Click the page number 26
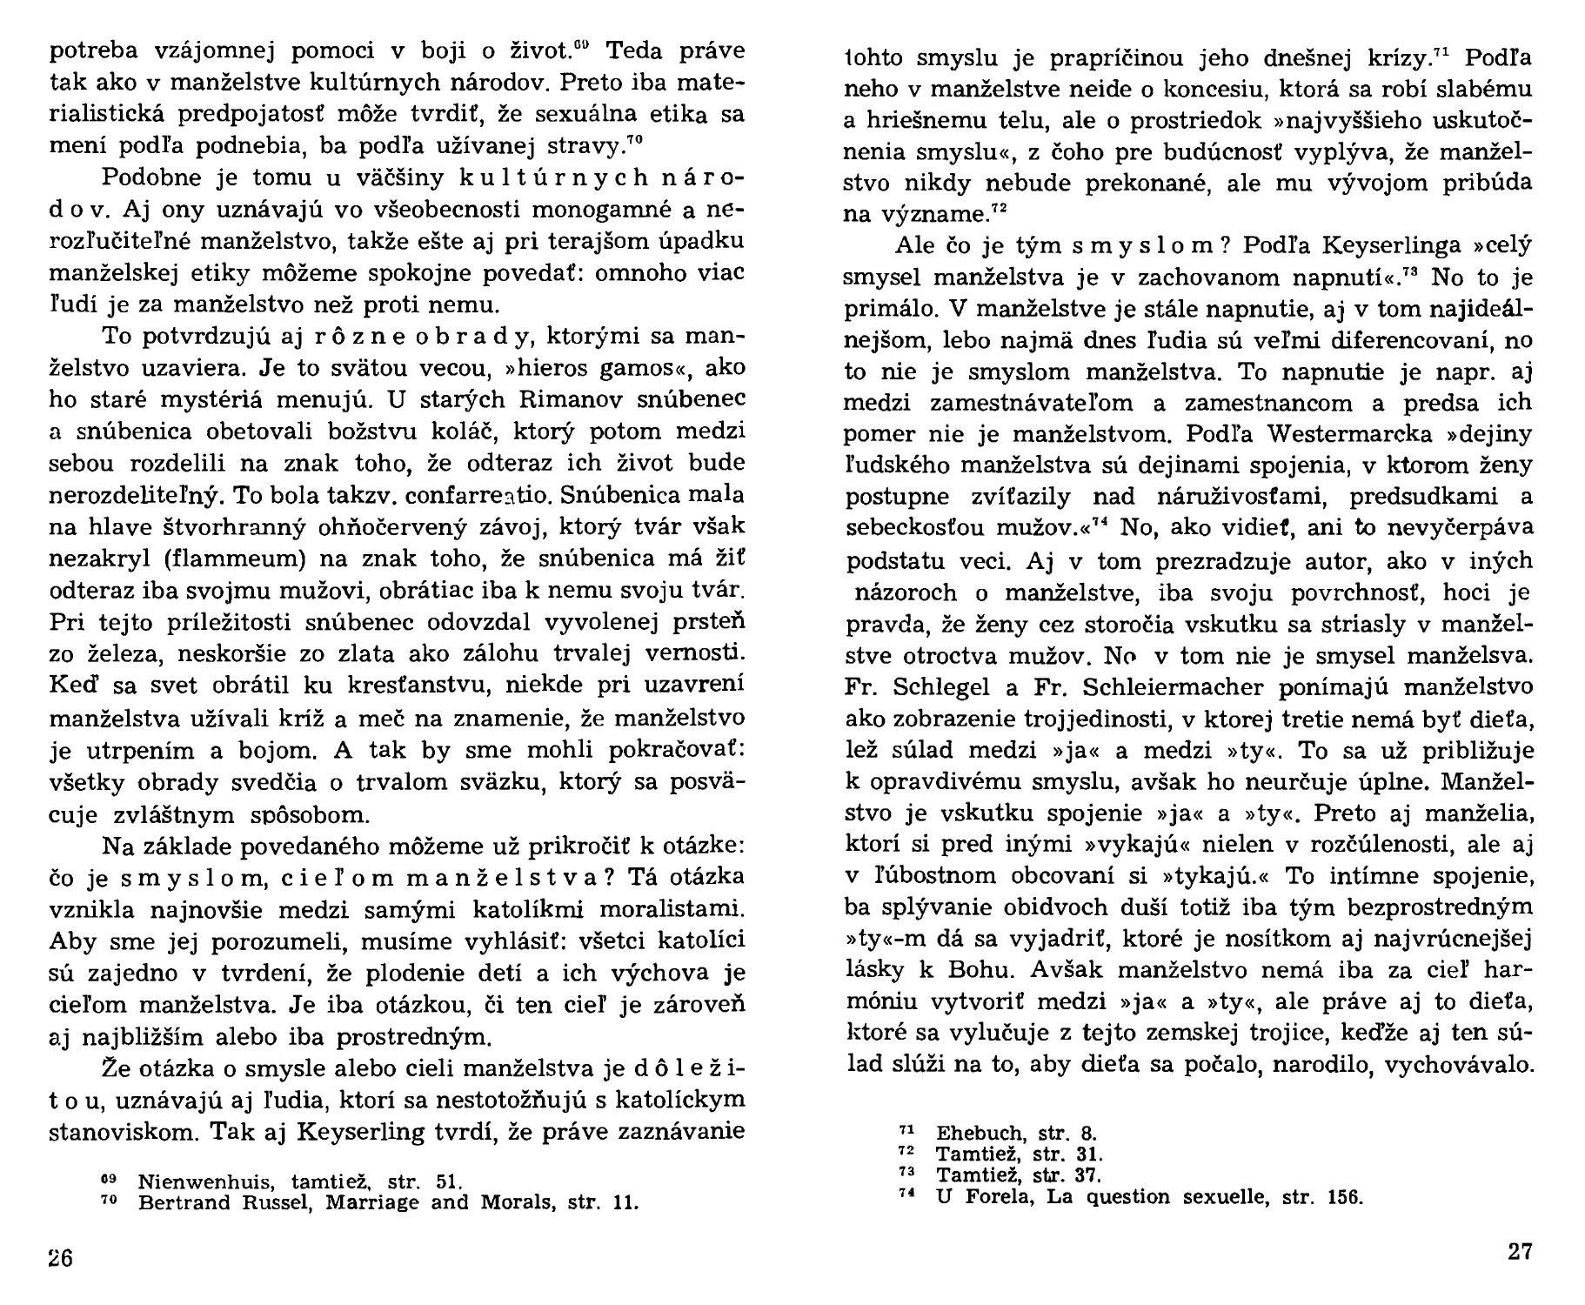tap(61, 1260)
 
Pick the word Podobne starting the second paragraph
tap(153, 177)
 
